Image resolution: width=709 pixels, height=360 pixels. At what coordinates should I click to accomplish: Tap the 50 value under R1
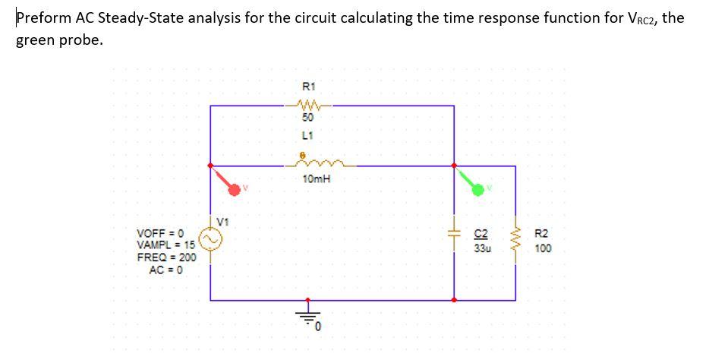[x=307, y=118]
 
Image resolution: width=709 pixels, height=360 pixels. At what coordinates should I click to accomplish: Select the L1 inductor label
[x=307, y=134]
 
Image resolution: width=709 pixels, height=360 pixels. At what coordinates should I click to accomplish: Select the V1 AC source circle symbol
[x=210, y=242]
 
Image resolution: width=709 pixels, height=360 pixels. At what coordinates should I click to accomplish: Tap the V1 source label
[x=222, y=222]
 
